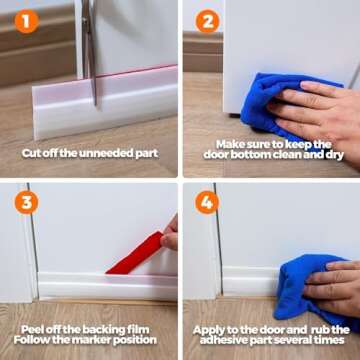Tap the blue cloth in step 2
click(x=275, y=105)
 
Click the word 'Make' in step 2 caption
click(x=232, y=143)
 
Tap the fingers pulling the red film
click(x=170, y=236)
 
